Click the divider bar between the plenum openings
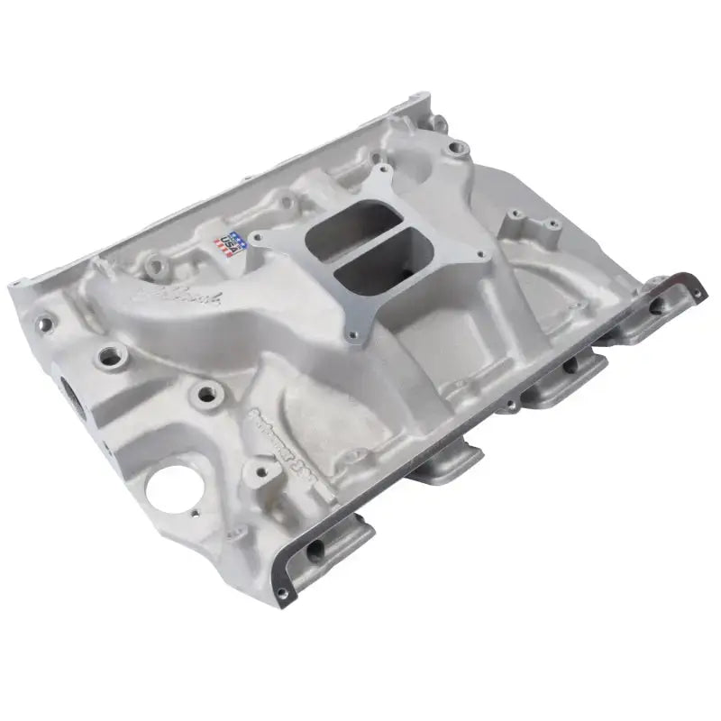[x=360, y=246]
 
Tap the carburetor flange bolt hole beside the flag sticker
[x=256, y=238]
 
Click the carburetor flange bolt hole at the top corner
[x=386, y=169]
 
